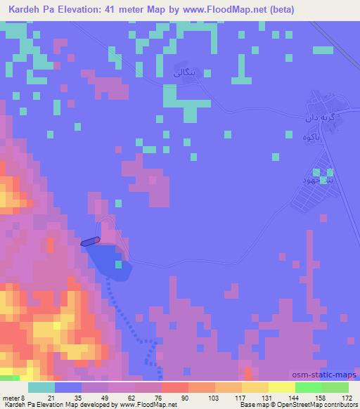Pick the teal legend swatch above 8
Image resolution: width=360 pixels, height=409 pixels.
click(x=41, y=387)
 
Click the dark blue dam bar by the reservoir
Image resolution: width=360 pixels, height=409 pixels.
click(x=90, y=242)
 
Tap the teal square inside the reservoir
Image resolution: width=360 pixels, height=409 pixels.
click(x=119, y=265)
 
